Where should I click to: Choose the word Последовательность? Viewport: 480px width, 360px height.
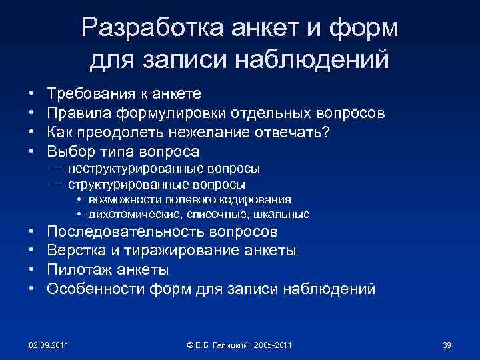click(124, 232)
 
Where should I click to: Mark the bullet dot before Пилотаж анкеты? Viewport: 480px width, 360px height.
click(32, 270)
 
